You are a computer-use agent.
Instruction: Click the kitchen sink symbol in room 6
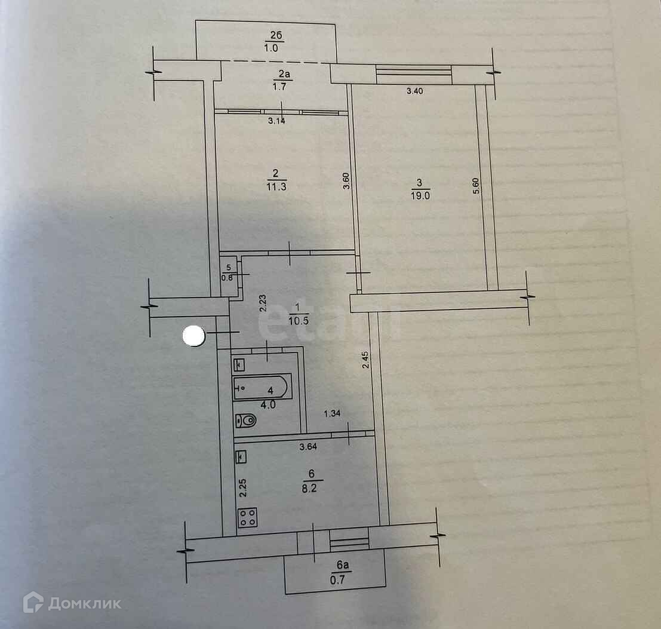[x=240, y=457]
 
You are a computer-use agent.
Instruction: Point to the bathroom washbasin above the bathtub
[x=241, y=363]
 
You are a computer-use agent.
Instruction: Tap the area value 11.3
[x=275, y=186]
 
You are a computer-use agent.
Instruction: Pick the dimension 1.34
[x=333, y=413]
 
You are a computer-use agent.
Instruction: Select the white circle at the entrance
[x=193, y=336]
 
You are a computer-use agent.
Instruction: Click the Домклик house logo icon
[x=33, y=603]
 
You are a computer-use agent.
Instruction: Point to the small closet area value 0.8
[x=227, y=277]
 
